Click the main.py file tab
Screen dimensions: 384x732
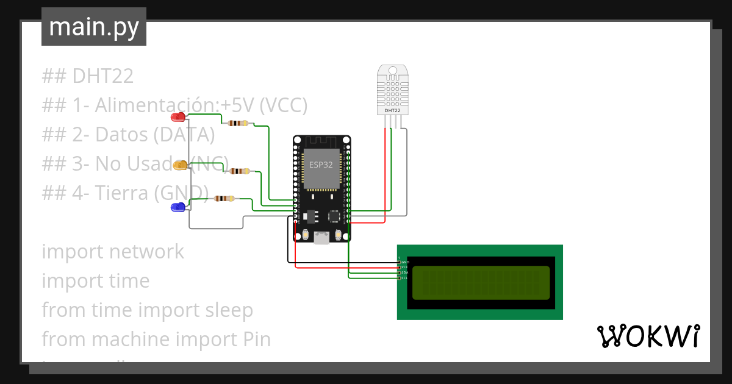pos(93,27)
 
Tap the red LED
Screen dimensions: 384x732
pos(178,116)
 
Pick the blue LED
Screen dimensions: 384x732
pos(178,208)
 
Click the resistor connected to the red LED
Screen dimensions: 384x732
pos(237,123)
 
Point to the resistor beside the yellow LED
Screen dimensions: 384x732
pos(239,171)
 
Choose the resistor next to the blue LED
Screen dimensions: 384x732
pos(224,198)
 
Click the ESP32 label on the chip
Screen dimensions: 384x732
pos(321,165)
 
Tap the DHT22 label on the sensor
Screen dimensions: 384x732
pos(392,110)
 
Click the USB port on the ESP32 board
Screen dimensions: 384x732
pos(321,238)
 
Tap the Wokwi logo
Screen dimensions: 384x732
pos(648,336)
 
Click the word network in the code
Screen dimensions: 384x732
pos(144,251)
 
